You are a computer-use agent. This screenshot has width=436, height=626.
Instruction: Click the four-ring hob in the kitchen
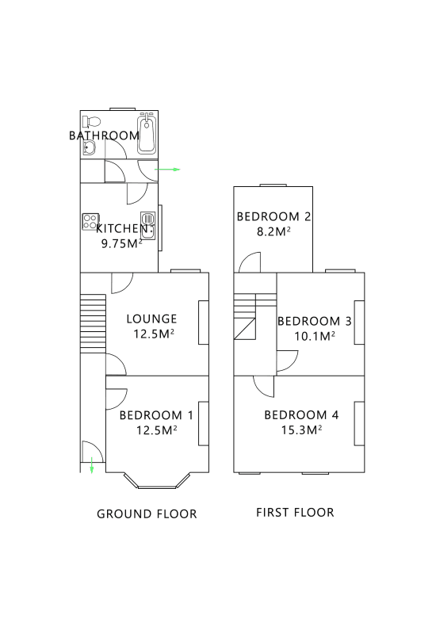(x=90, y=223)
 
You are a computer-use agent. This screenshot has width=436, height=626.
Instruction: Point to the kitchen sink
(x=147, y=223)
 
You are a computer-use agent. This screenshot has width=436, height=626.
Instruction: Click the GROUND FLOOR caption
(x=147, y=513)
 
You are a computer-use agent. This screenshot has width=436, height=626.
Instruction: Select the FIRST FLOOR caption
(x=295, y=512)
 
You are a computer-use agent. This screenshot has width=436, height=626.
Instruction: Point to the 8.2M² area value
(x=273, y=231)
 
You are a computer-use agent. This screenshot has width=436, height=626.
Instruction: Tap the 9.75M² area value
(x=121, y=243)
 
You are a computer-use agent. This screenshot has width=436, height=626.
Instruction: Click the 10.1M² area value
(x=314, y=336)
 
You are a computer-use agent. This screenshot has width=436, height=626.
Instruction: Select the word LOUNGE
(x=151, y=319)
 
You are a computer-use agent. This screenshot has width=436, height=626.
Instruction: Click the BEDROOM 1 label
(x=156, y=415)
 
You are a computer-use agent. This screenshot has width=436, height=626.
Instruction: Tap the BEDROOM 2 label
(x=273, y=216)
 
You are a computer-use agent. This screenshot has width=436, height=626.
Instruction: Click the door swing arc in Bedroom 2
(x=251, y=261)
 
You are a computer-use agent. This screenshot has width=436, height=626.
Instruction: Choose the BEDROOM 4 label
(x=301, y=415)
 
